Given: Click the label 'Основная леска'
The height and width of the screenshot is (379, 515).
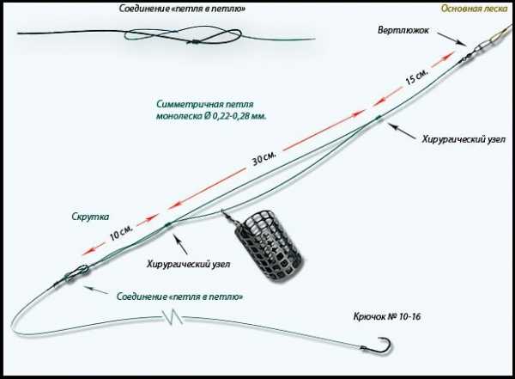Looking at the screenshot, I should click(474, 9).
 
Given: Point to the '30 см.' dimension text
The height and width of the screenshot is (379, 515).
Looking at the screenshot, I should click(263, 160).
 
